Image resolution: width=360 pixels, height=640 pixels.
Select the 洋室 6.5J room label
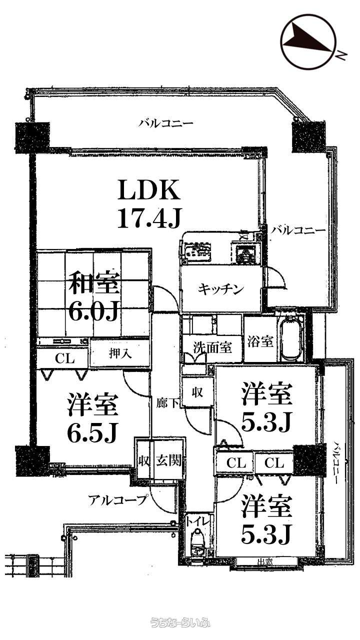coord(93,418)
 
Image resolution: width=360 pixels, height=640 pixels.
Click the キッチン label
coord(220,289)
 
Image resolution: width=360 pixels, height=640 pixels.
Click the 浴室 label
coord(260,342)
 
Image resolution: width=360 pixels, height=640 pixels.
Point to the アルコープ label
coord(118,498)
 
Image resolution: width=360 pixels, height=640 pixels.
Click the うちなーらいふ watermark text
coord(180,622)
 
